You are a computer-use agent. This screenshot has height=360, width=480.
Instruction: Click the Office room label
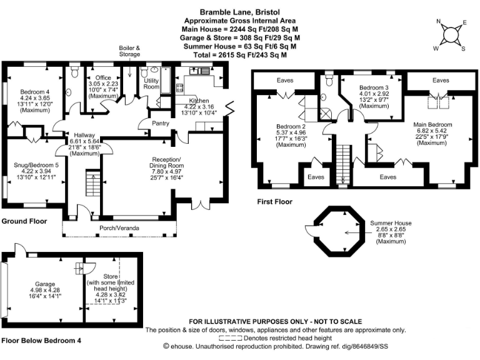tap(103, 77)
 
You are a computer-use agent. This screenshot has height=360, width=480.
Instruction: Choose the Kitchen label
tap(199, 100)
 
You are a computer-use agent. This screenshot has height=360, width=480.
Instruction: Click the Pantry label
tap(161, 123)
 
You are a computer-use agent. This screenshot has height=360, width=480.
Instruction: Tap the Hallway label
tap(84, 134)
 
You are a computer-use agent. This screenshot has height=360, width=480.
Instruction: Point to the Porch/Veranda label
tap(119, 228)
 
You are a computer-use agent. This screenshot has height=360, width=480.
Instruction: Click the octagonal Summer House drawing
tap(336, 229)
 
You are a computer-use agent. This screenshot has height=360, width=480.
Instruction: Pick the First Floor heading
tap(274, 202)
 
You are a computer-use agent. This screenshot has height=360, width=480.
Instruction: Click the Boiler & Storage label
tap(131, 51)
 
